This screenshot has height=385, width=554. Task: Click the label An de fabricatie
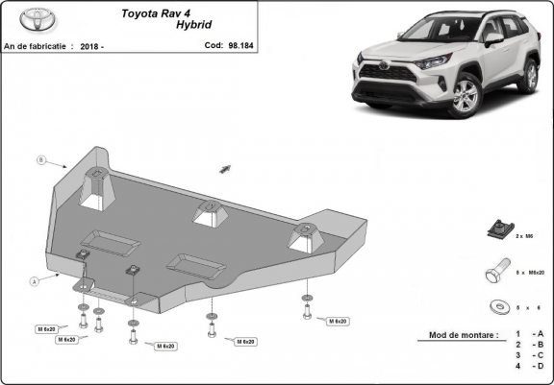(38, 45)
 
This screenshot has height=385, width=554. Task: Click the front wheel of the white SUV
(465, 96)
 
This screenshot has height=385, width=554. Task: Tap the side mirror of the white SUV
(492, 39)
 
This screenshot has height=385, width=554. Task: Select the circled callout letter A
(35, 280)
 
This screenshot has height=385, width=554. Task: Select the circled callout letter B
(40, 158)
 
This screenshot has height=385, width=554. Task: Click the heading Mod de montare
(458, 335)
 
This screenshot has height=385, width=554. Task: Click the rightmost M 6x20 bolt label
(337, 320)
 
